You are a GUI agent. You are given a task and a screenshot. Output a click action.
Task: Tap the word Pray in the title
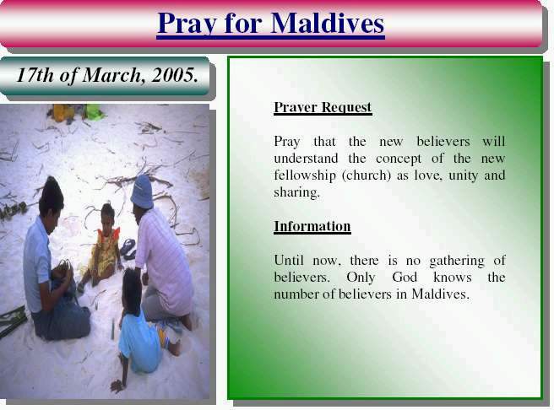187,24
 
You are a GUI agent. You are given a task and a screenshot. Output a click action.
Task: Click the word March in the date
111,75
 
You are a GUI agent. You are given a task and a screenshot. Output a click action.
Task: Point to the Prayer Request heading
323,107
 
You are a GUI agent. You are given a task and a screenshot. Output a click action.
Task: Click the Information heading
312,226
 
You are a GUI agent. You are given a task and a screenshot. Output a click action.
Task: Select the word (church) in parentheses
366,175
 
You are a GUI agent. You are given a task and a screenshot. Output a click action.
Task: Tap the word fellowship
305,175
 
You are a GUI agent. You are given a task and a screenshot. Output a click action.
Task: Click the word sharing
296,192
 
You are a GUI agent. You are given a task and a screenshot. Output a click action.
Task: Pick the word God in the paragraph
405,277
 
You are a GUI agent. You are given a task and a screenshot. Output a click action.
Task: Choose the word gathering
457,262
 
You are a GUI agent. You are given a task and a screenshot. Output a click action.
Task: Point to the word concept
399,159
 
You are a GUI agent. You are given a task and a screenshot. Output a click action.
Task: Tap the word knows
453,277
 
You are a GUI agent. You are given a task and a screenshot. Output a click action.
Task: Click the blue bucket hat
142,192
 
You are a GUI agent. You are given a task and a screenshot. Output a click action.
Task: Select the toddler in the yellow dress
101,244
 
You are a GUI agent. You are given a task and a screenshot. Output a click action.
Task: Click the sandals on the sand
128,248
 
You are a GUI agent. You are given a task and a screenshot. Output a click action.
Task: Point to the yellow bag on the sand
62,112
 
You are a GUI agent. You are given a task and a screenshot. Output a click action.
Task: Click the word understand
306,159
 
